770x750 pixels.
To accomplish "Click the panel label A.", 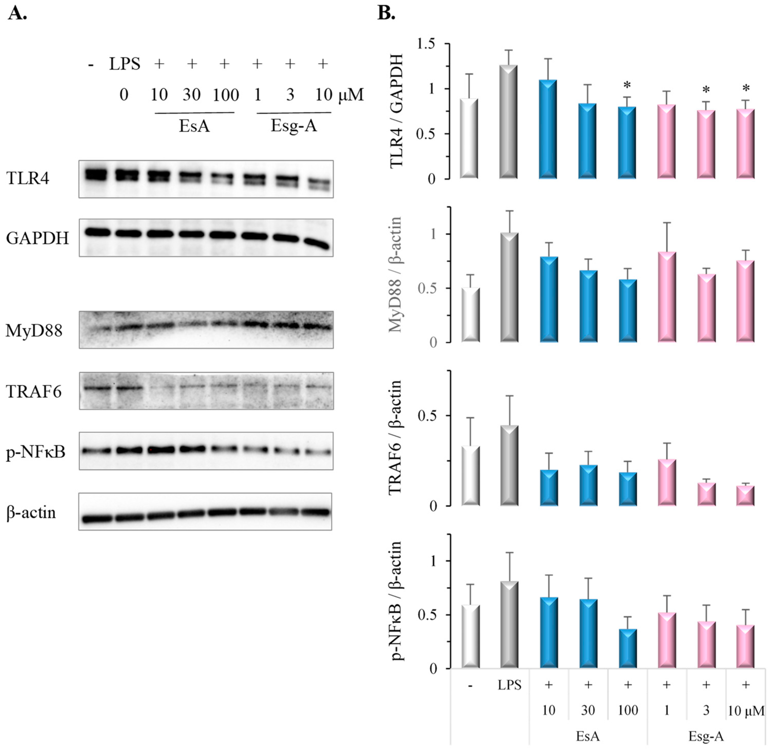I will click(17, 13).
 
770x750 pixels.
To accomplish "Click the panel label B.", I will click(386, 13).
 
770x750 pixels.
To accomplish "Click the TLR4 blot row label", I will click(28, 179).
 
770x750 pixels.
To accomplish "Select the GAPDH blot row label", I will click(37, 238).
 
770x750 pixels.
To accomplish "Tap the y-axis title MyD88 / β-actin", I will click(395, 274).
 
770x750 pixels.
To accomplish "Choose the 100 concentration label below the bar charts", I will click(627, 710).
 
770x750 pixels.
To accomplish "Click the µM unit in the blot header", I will click(351, 95).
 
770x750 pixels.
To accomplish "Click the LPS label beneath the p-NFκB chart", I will click(509, 685).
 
